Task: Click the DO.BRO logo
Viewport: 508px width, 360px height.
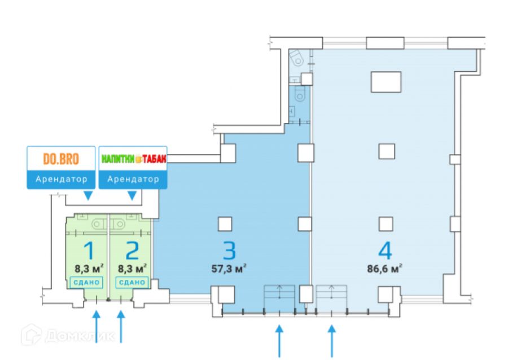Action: point(62,159)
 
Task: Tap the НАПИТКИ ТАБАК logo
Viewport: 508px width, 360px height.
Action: point(134,159)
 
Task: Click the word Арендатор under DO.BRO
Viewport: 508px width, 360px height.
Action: point(62,179)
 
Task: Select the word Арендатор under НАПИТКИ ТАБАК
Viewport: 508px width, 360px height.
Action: point(134,179)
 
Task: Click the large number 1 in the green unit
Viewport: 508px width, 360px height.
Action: point(88,250)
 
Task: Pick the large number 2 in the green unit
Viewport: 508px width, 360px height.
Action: point(133,250)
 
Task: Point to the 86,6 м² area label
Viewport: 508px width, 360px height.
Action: point(384,268)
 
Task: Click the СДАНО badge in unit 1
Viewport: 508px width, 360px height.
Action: point(86,282)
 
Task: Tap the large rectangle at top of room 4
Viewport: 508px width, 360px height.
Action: point(386,82)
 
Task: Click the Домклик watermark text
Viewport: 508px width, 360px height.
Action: point(79,336)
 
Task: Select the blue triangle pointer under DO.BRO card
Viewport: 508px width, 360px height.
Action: point(87,196)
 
